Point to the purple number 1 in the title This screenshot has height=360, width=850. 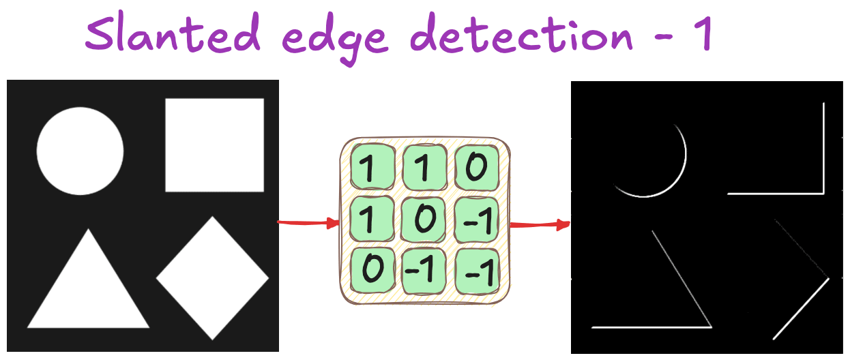point(703,33)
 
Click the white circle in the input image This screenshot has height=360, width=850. point(80,151)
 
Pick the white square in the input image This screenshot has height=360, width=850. point(215,145)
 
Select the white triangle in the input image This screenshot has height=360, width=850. point(89,278)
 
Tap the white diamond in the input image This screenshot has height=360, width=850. point(213,278)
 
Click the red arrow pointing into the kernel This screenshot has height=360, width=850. point(308,223)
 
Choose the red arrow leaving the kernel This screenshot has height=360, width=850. point(540,224)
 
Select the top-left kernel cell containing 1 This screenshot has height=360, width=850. point(372,166)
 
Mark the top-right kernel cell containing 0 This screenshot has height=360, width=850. point(477,167)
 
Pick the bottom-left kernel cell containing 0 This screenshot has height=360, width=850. point(372,270)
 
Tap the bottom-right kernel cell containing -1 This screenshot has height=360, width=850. point(477,271)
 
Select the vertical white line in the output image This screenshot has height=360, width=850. point(823,148)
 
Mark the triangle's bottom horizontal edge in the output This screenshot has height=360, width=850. point(651,327)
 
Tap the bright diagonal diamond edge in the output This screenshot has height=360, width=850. point(801,309)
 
